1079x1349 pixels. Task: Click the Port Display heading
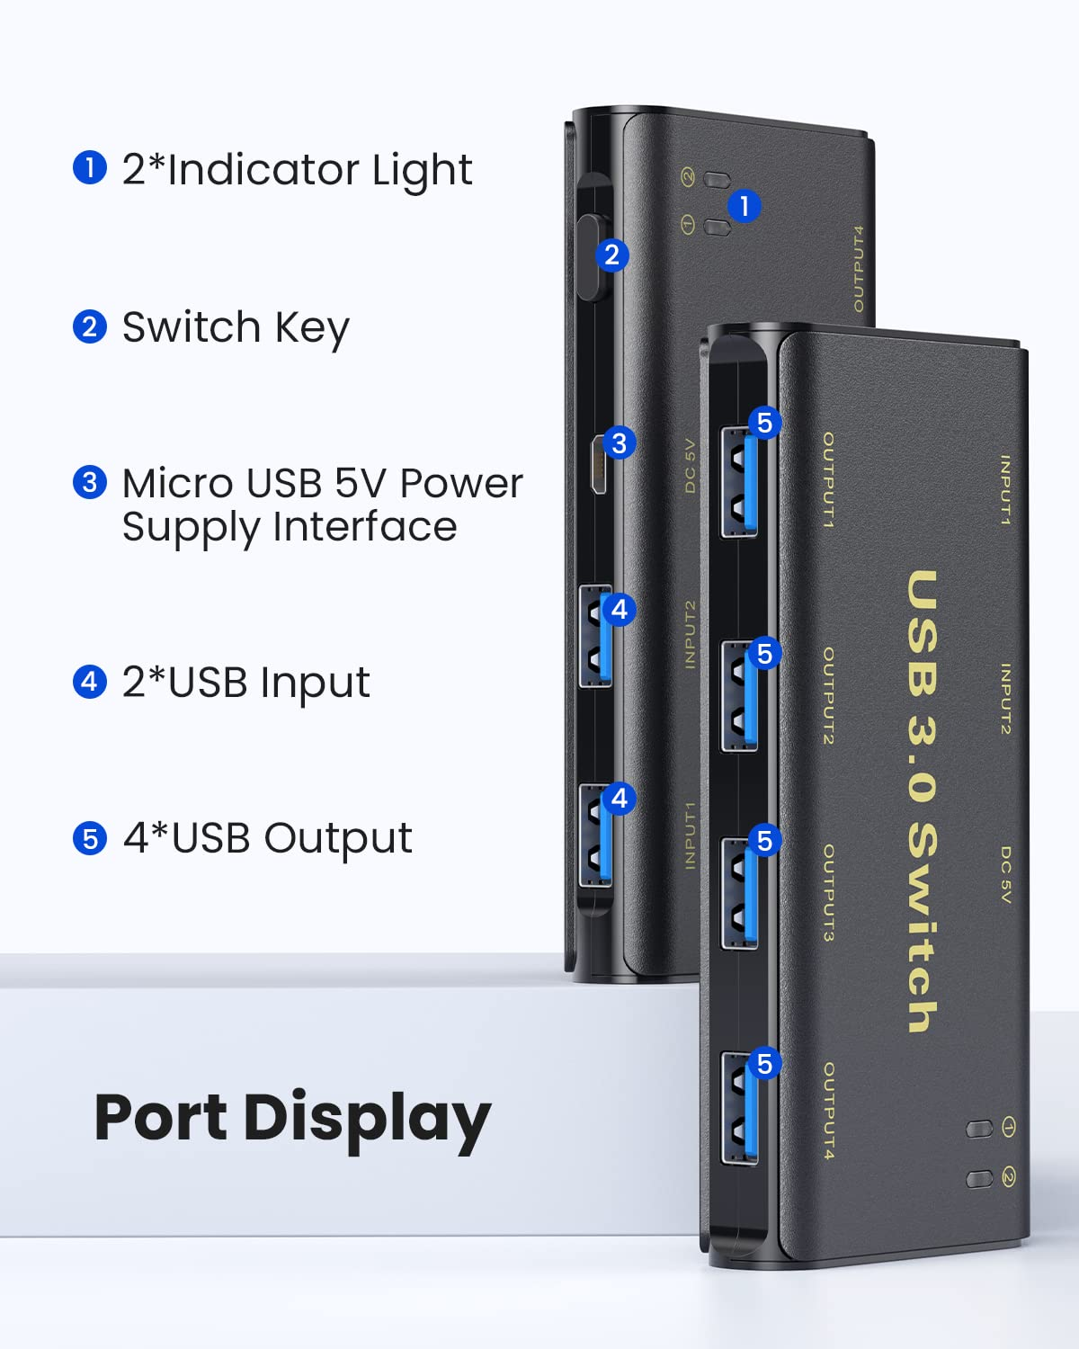pyautogui.click(x=292, y=1118)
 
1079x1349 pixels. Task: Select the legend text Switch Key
pyautogui.click(x=236, y=327)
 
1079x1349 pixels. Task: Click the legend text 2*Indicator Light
pyautogui.click(x=297, y=170)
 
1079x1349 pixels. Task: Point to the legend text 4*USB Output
pyautogui.click(x=267, y=838)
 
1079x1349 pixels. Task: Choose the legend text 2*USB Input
pyautogui.click(x=245, y=683)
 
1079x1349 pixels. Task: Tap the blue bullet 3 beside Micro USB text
pyautogui.click(x=89, y=483)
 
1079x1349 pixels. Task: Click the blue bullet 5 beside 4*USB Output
pyautogui.click(x=89, y=839)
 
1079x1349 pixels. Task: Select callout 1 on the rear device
pyautogui.click(x=744, y=206)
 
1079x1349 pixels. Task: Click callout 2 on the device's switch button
pyautogui.click(x=611, y=255)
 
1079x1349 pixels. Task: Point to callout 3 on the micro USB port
pyautogui.click(x=619, y=442)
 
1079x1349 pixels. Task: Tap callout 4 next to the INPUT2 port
pyautogui.click(x=619, y=610)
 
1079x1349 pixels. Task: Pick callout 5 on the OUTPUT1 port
pyautogui.click(x=764, y=423)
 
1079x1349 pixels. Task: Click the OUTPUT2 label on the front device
pyautogui.click(x=828, y=695)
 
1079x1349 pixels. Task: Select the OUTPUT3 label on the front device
pyautogui.click(x=828, y=892)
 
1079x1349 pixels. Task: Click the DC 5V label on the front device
pyautogui.click(x=1005, y=874)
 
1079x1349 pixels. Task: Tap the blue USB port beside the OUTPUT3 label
pyautogui.click(x=739, y=892)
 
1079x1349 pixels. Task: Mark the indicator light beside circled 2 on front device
pyautogui.click(x=978, y=1178)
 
